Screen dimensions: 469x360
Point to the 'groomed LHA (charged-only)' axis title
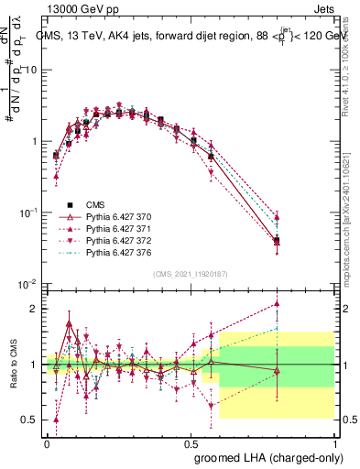(267, 456)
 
